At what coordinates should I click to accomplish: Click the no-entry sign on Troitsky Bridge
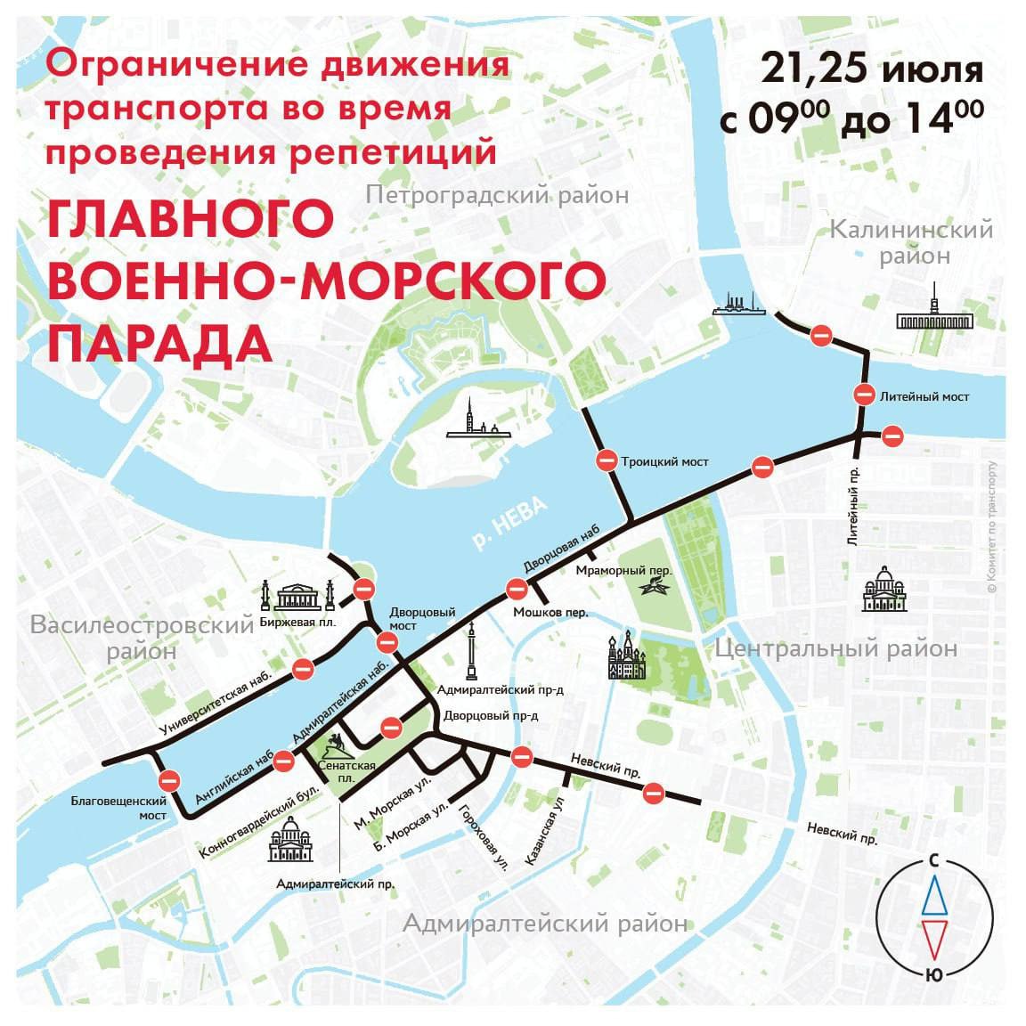click(607, 461)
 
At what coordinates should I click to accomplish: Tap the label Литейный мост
click(924, 396)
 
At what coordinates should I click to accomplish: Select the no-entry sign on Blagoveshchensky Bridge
click(168, 782)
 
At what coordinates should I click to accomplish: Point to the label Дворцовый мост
click(422, 618)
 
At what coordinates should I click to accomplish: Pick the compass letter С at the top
click(932, 861)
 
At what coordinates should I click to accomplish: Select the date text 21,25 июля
click(872, 69)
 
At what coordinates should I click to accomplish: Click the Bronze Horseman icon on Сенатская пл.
click(334, 746)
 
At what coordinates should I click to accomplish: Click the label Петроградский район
click(496, 194)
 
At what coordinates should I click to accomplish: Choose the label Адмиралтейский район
click(544, 924)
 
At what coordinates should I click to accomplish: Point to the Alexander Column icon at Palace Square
click(469, 655)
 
